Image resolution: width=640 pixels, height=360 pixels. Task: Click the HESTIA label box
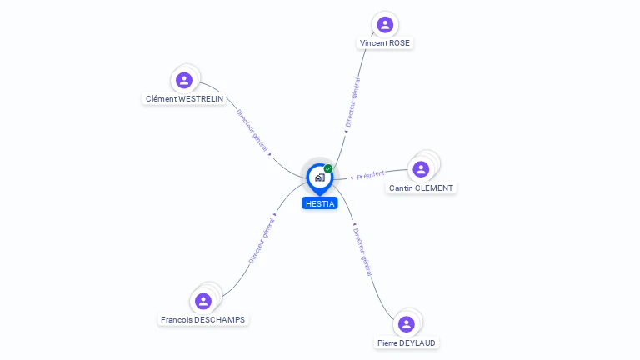320,203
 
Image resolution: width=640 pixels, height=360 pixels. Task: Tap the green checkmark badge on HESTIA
328,168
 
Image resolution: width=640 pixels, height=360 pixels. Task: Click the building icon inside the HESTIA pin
320,177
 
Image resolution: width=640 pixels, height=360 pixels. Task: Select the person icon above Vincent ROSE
385,24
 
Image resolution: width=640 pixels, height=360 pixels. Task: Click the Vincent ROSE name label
385,42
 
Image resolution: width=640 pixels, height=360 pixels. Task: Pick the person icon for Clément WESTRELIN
184,80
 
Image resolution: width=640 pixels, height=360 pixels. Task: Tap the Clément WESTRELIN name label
184,99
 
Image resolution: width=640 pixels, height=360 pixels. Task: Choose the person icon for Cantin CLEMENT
421,169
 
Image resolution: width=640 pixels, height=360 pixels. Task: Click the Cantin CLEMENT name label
421,187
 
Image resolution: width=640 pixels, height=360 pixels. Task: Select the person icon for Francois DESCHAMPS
202,301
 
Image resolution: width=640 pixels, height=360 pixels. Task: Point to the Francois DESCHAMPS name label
202,320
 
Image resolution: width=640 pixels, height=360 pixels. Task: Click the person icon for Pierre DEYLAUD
406,324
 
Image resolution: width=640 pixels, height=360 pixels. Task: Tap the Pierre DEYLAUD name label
406,342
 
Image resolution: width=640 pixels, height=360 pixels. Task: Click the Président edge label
371,175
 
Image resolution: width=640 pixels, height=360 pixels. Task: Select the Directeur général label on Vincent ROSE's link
352,102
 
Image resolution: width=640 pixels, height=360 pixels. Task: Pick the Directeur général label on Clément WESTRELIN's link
252,131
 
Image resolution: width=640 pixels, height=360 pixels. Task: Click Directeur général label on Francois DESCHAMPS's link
262,241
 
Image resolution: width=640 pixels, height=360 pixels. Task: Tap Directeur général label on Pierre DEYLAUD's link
362,252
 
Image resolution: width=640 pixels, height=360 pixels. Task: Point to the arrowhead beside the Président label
352,177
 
